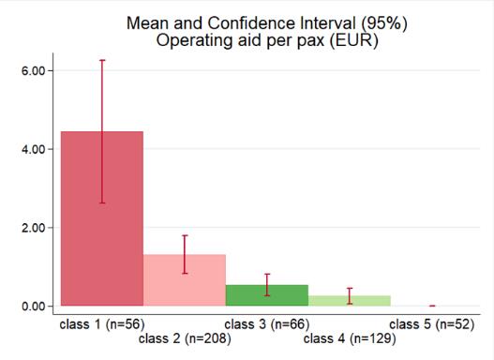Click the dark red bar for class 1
(x=102, y=218)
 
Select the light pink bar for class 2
(x=185, y=280)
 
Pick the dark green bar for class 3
(x=267, y=295)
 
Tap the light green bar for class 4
(x=350, y=301)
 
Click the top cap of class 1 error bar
(x=102, y=60)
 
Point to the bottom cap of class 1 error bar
(x=102, y=202)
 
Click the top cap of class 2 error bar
(x=185, y=235)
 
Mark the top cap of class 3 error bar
(x=267, y=275)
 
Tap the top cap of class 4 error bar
(x=350, y=288)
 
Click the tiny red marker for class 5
(x=432, y=306)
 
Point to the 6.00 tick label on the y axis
(x=34, y=70)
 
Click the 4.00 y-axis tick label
(x=34, y=149)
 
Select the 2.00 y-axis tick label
(x=34, y=228)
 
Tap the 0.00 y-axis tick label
(x=34, y=306)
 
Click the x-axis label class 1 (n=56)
(x=102, y=324)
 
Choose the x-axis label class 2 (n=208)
(x=185, y=338)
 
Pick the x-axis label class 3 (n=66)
(x=267, y=324)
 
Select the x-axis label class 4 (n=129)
(x=350, y=338)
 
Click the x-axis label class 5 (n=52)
(x=432, y=324)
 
